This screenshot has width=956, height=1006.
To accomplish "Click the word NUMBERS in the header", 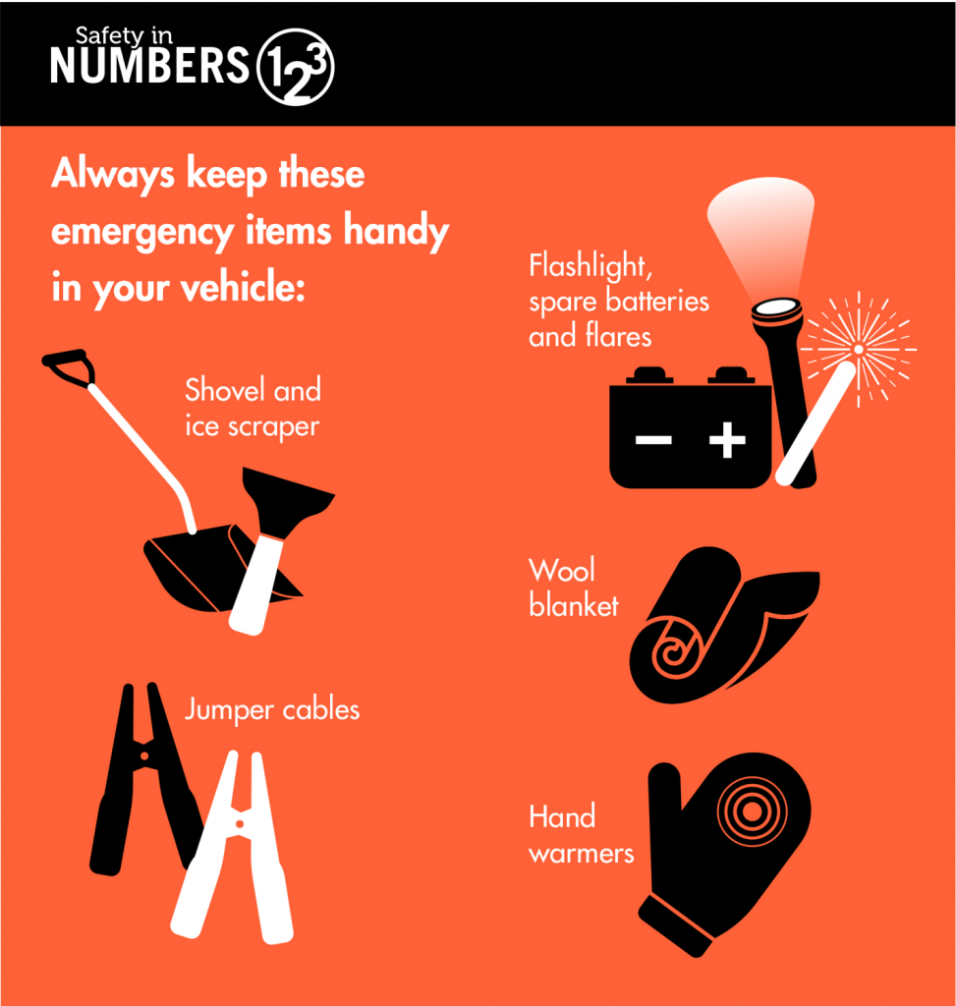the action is point(149,65).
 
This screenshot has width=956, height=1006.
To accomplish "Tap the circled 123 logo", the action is point(295,67).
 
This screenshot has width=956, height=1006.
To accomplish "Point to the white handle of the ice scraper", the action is point(255,585).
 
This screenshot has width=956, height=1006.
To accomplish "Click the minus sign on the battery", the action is point(653,440).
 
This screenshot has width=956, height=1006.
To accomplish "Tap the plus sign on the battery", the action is point(727,440).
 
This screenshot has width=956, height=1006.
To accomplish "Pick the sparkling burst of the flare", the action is point(859,350).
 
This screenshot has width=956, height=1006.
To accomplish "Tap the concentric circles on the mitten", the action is point(752,810).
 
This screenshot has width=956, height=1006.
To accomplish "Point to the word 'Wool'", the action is point(562,570).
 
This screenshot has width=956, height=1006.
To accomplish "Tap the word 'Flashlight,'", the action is point(590,266).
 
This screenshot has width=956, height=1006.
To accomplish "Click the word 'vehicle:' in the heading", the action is point(243,287).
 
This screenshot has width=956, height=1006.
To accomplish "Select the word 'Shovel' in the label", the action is point(225,389).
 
